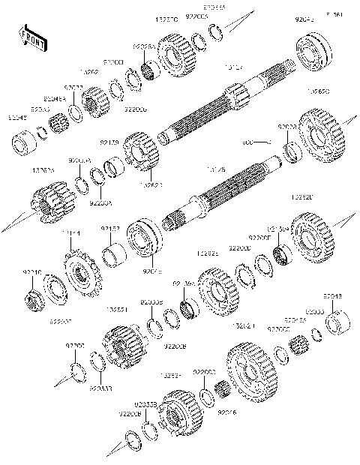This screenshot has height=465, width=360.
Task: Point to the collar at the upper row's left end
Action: [x=24, y=140]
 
